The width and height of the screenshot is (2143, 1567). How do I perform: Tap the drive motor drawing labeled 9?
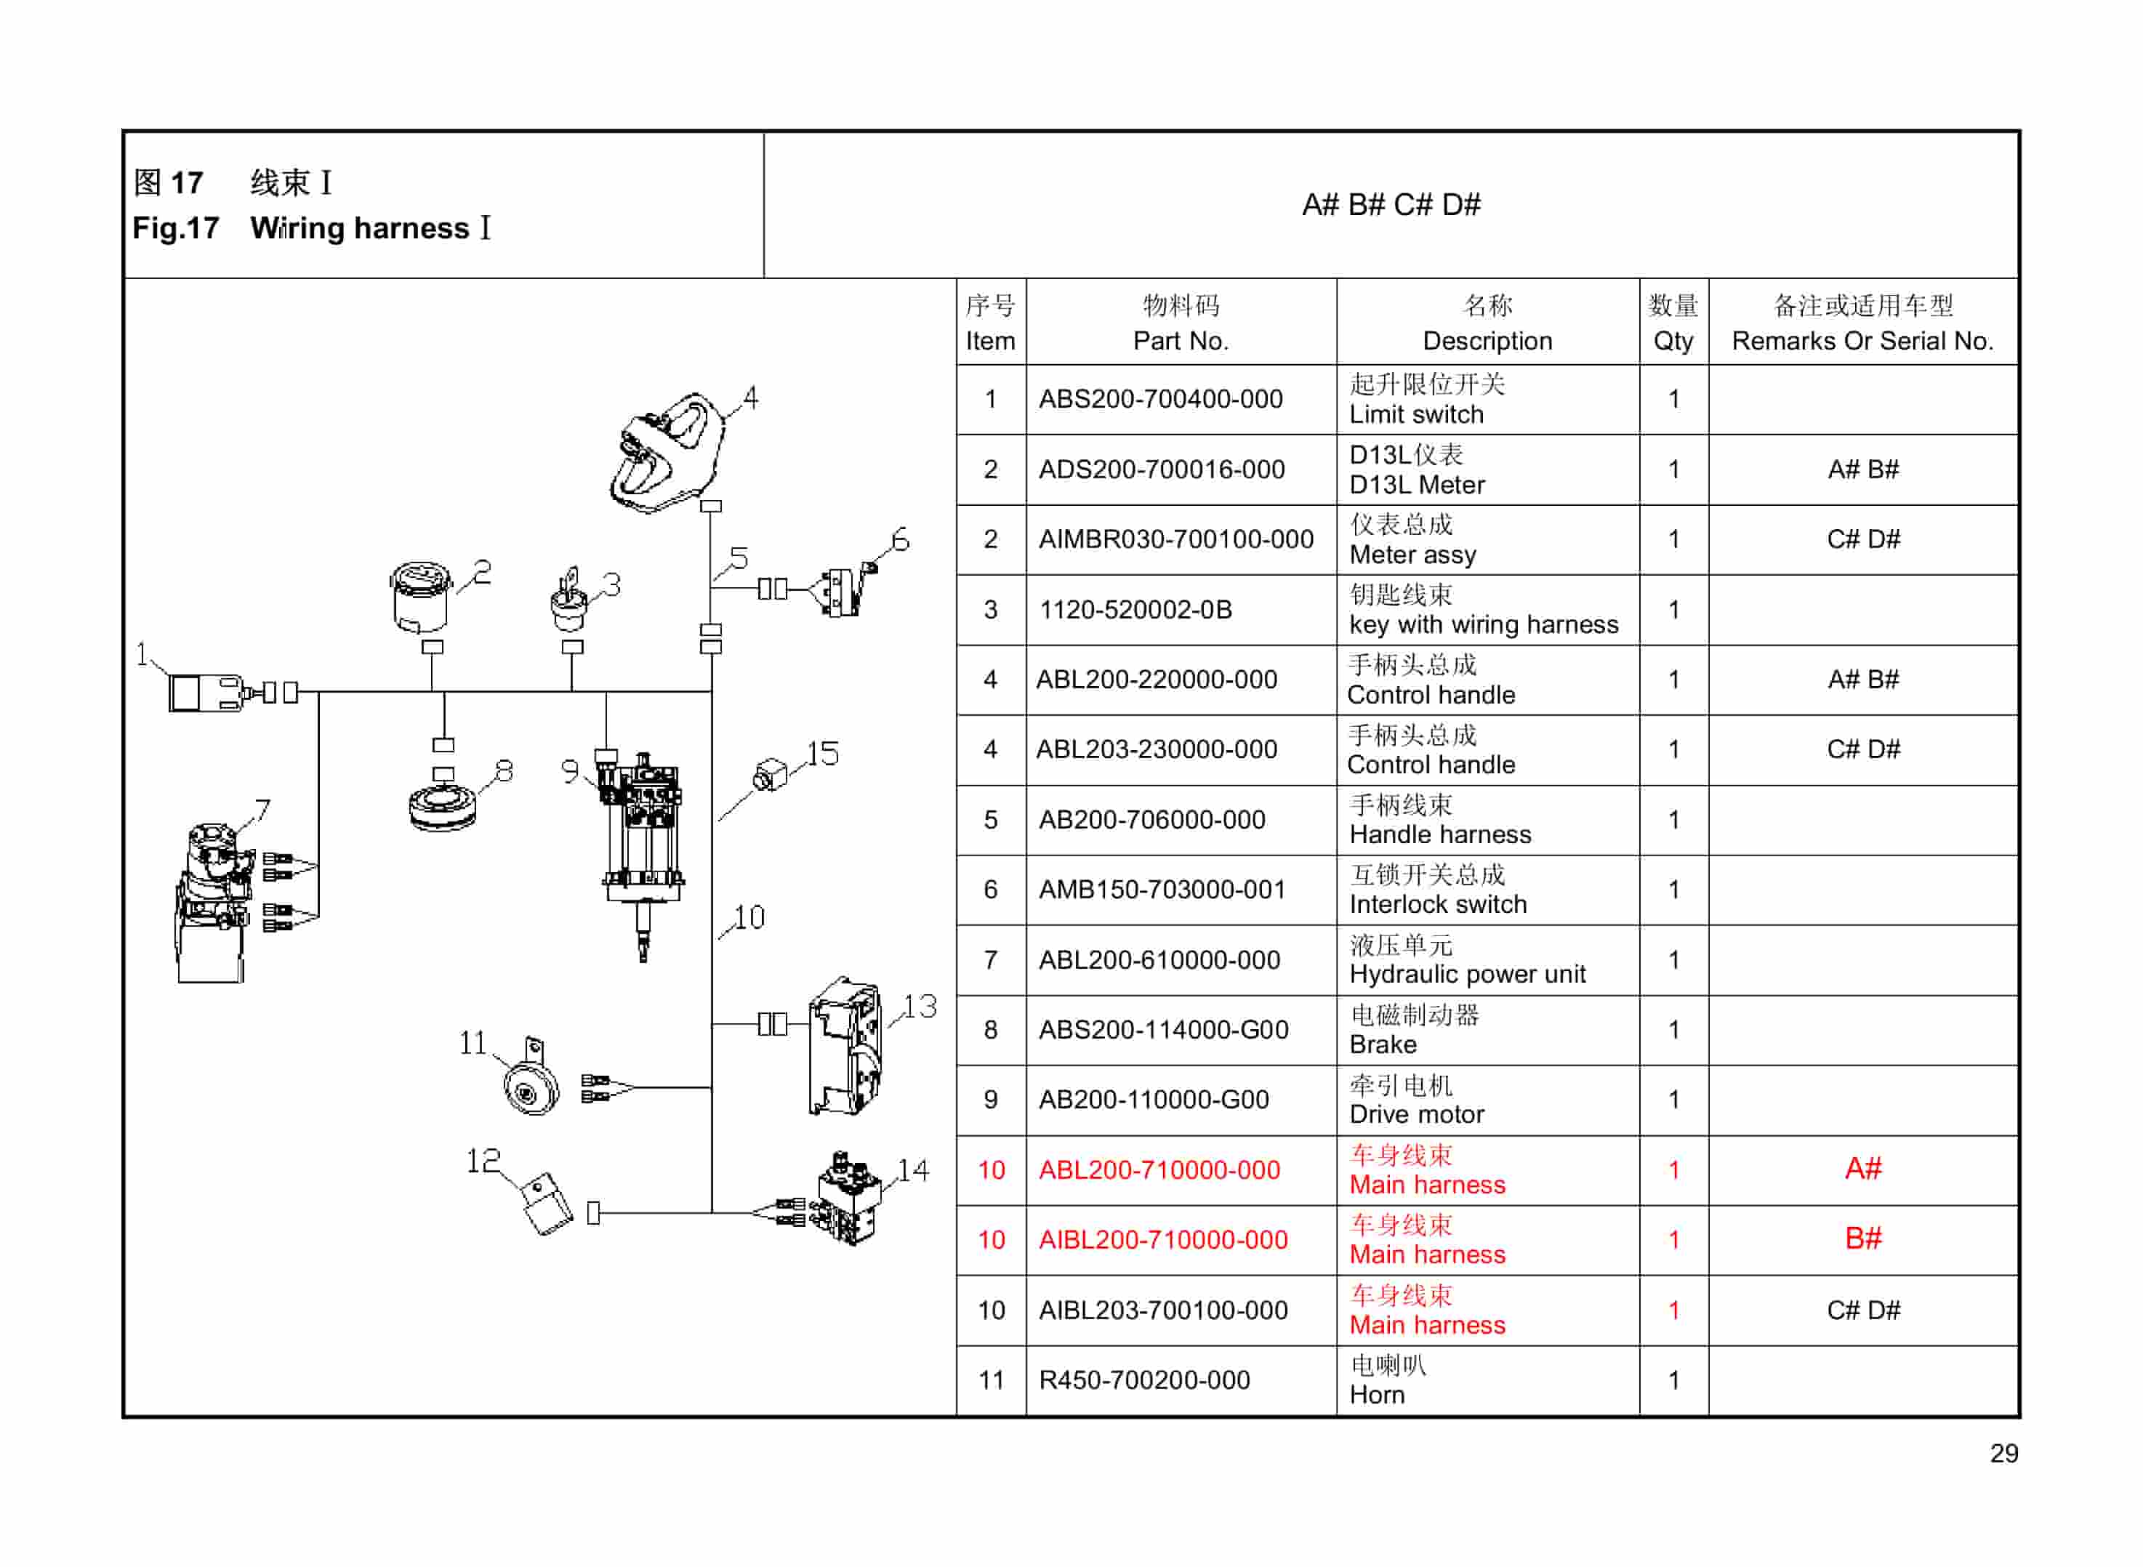[642, 834]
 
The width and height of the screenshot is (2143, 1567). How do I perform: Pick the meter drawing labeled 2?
[420, 597]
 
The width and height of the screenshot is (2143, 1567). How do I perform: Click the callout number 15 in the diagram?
[822, 754]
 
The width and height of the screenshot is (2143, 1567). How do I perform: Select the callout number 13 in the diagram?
[920, 1007]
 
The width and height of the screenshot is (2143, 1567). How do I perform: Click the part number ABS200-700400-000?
[1160, 399]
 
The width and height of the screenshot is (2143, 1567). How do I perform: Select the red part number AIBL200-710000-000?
[1163, 1240]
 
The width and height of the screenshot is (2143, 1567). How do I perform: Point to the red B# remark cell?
[1862, 1238]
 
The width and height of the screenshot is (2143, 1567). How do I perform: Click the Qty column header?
[1673, 323]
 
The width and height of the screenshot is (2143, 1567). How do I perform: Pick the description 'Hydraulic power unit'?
[1467, 974]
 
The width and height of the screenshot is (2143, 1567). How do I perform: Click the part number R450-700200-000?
[1144, 1380]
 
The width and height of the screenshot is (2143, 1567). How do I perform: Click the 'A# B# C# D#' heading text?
[1391, 205]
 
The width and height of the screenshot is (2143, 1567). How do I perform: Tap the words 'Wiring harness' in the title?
[360, 229]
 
